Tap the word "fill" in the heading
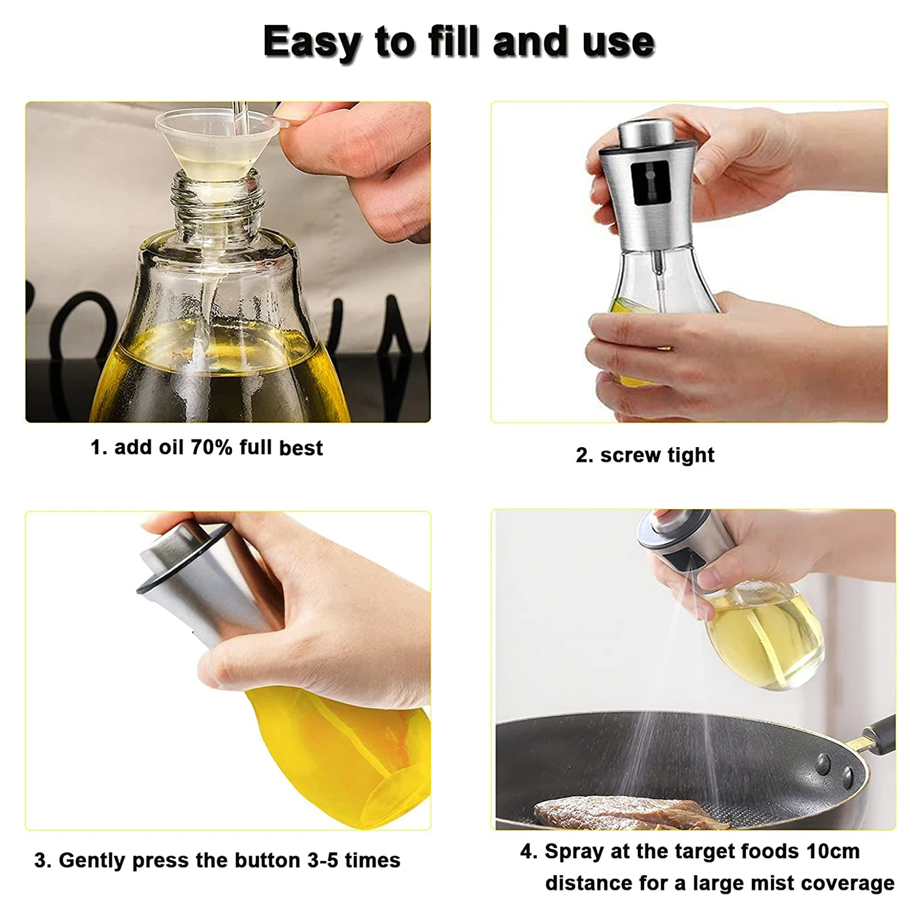pos(454,42)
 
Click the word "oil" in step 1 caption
pos(171,447)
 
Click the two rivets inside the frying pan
pos(835,770)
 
